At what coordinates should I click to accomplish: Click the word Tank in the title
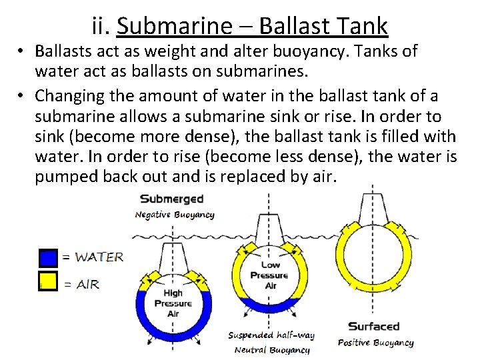363,26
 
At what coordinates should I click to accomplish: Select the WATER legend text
98,257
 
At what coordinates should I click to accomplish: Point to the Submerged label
171,199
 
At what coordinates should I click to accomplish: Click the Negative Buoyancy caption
175,215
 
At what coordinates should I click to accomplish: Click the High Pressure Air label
173,303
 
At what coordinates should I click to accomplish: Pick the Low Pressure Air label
269,275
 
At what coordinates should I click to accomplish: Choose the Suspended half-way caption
271,335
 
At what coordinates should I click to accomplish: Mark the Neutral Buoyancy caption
272,350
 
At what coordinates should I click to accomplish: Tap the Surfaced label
374,327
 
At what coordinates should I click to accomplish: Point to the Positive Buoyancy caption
376,343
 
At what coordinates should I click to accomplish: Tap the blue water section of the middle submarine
269,307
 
